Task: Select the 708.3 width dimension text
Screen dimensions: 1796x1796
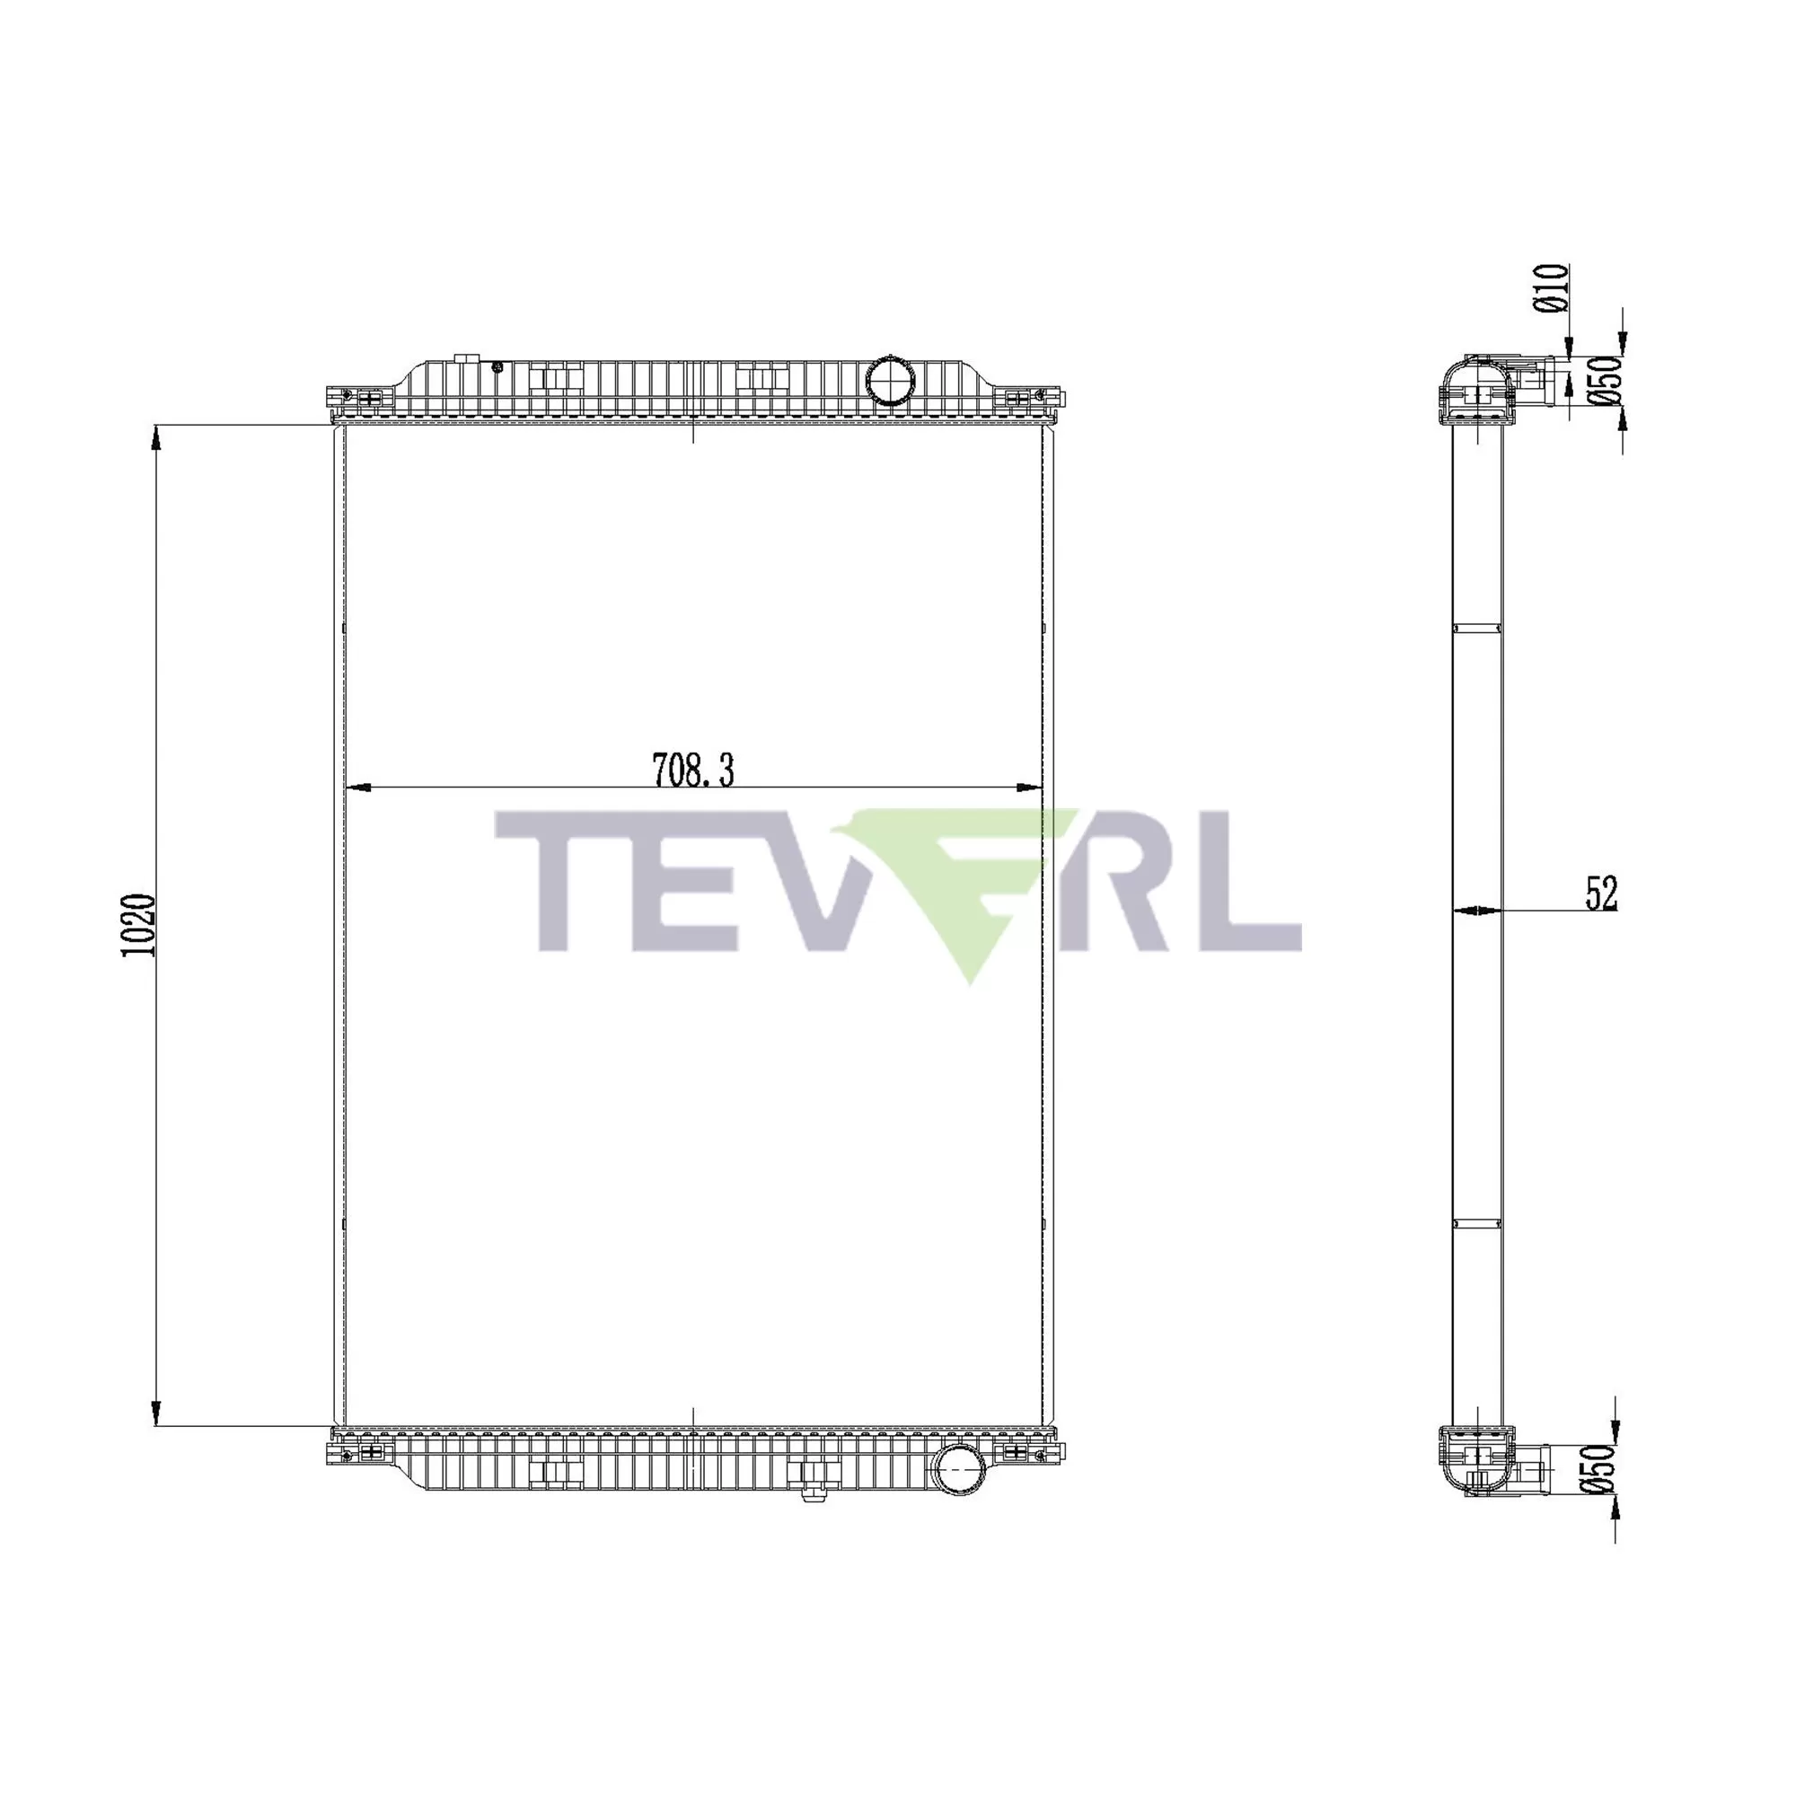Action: pos(693,770)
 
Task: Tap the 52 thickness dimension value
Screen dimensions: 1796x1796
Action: pos(1601,894)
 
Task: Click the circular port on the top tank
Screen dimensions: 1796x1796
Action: pos(890,379)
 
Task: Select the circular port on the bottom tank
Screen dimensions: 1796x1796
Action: pos(959,1471)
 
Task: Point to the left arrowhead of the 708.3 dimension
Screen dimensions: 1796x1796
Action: pos(357,788)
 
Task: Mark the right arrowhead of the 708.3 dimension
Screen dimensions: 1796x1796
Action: pos(1030,788)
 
